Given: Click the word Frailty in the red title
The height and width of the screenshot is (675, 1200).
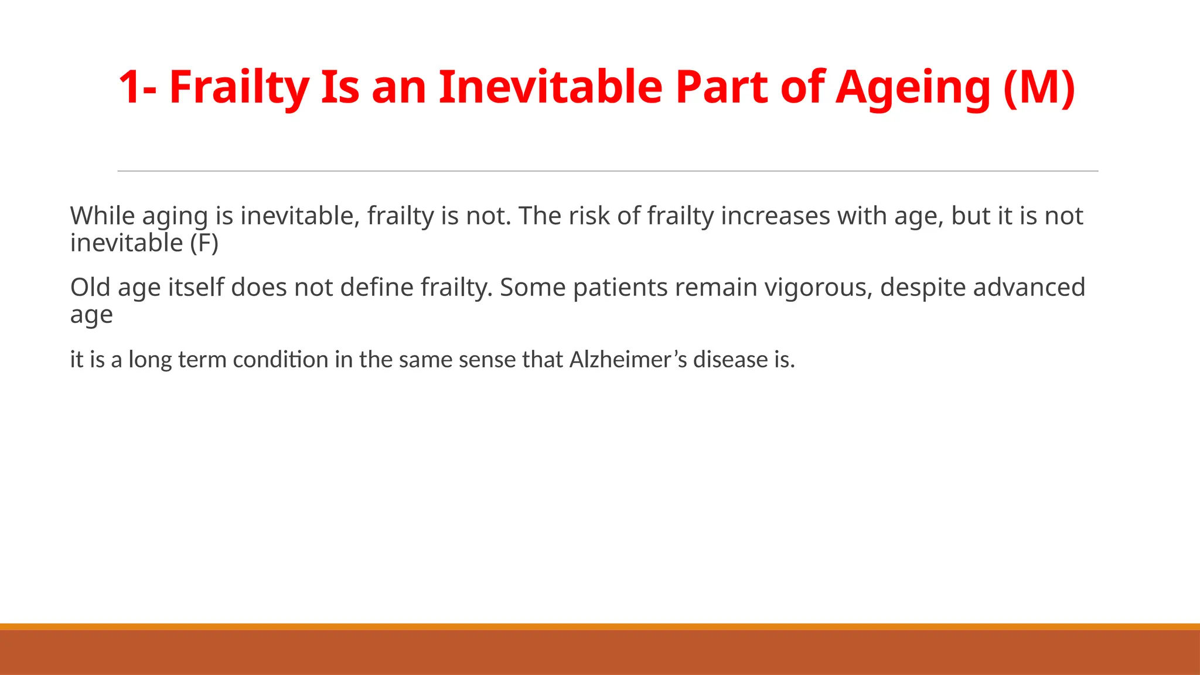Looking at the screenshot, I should [239, 87].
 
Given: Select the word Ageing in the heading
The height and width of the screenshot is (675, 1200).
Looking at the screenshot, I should [913, 87].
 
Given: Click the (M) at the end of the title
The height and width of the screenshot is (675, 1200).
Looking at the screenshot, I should [1039, 87].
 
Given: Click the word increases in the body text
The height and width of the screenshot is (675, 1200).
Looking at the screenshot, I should [775, 216].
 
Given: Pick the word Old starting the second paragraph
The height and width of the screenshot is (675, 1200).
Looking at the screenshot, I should [90, 288].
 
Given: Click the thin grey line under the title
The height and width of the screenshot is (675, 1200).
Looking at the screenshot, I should [608, 171].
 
